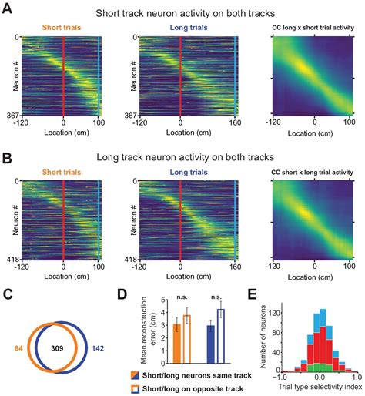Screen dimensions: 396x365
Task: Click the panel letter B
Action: (x=8, y=156)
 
